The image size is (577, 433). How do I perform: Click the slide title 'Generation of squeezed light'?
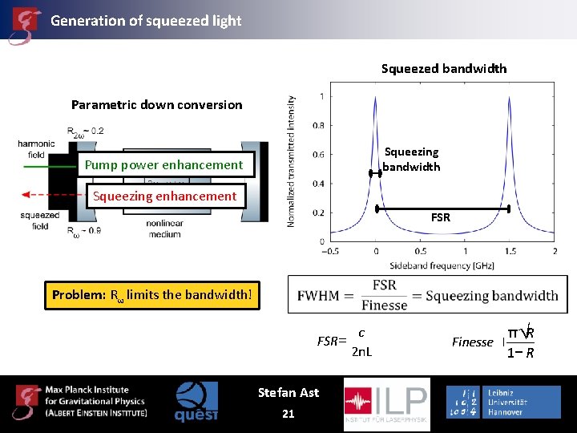(x=146, y=21)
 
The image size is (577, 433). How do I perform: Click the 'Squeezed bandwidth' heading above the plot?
(x=444, y=69)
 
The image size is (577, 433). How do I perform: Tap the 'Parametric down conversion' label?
(x=156, y=104)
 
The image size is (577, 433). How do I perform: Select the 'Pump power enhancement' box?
(x=163, y=165)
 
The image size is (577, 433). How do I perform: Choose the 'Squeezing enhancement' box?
(x=164, y=196)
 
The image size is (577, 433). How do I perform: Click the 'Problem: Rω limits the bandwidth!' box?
(x=152, y=294)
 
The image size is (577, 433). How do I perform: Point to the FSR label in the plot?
(x=441, y=217)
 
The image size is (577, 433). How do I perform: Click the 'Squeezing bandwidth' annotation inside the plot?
(x=411, y=160)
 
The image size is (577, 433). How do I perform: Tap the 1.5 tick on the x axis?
(x=510, y=251)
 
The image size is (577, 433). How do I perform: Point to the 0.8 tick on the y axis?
(x=318, y=125)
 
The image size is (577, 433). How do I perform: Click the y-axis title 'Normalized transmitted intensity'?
(x=291, y=160)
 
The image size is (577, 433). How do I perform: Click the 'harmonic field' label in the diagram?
(x=37, y=148)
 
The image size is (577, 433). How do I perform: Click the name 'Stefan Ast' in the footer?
(x=288, y=392)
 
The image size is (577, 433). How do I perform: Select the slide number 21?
(x=288, y=414)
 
